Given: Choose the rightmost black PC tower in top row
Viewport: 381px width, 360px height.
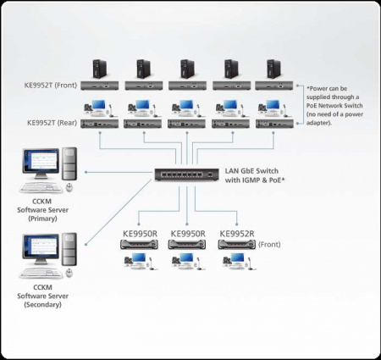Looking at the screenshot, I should pos(273,69).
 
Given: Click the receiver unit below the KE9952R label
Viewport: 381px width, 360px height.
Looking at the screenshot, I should pos(235,245).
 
